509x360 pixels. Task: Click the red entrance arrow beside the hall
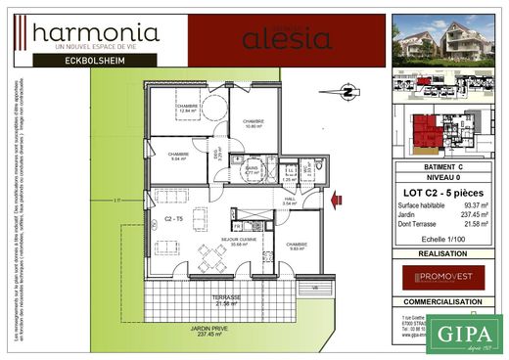338,200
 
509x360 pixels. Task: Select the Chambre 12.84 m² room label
189,110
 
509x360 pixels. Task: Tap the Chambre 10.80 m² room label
254,124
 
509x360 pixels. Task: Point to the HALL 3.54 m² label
290,202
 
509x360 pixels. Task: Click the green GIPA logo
465,332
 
